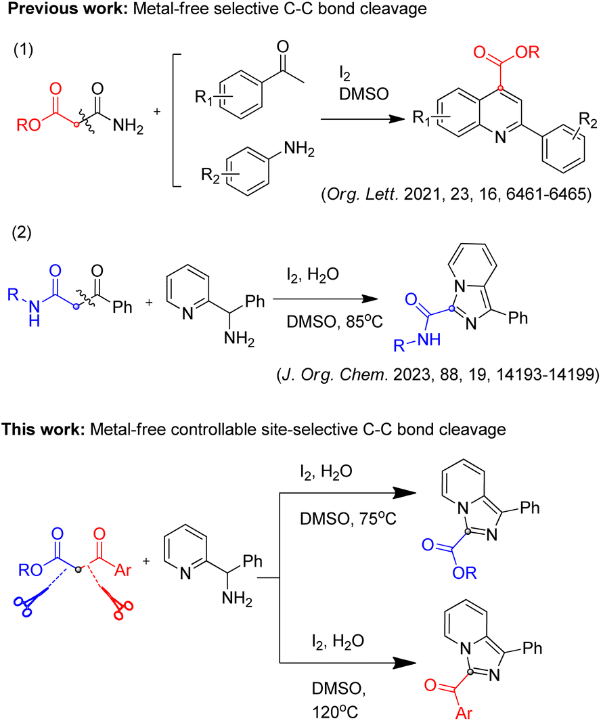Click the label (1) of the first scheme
coord(23,49)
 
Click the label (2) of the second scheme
coord(22,233)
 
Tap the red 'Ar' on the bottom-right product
coord(464,712)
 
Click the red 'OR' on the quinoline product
coord(528,52)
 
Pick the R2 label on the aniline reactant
coord(210,175)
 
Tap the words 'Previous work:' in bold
coord(68,8)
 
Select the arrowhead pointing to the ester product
coord(405,493)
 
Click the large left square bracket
coord(174,120)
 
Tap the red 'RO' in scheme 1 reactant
coord(28,124)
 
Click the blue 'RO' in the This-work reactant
coord(30,570)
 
